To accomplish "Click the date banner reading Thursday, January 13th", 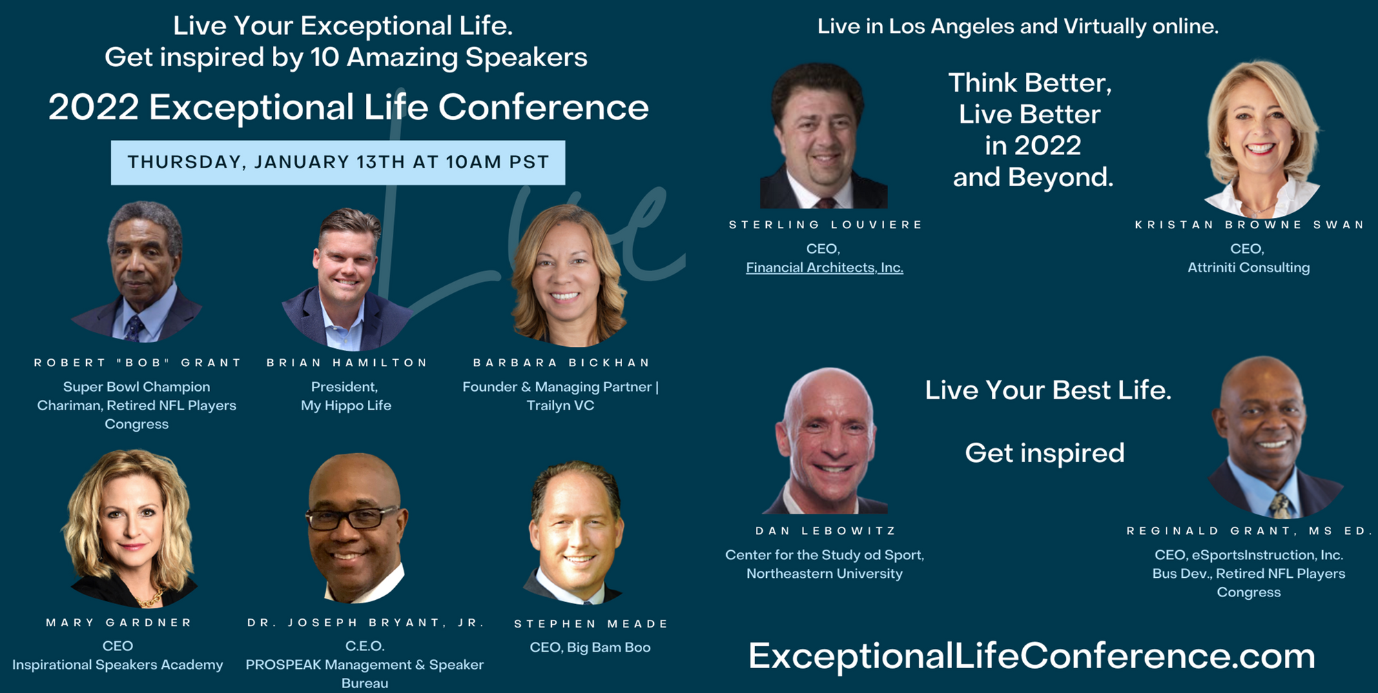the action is [338, 163].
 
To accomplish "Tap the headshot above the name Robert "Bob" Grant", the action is [138, 272].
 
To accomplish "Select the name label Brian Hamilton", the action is [347, 363].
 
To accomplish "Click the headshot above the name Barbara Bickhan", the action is [568, 276].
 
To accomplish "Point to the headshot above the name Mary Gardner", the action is [131, 528].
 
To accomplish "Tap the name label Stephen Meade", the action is [591, 624].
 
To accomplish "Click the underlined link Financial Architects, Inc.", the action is [825, 268].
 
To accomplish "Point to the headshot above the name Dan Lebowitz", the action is [826, 441].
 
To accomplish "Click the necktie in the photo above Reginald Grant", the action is [1279, 505].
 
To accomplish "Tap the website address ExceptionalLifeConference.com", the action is [1031, 656].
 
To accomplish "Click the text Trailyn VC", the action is [560, 405].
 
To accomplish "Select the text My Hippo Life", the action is [346, 405].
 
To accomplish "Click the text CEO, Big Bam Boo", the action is [590, 647].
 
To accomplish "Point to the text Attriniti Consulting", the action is [1248, 268].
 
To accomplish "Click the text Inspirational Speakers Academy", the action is [118, 665].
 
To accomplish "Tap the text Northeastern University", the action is [825, 574].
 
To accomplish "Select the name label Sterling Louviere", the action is [825, 225].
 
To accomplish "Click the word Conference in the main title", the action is [544, 108].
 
